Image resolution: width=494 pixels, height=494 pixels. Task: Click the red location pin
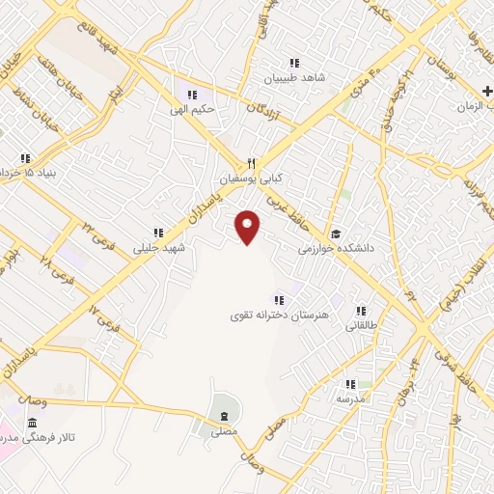pos(248,227)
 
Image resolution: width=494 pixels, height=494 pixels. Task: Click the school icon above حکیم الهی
pos(193,96)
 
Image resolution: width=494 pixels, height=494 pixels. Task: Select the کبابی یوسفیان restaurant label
pos(227,179)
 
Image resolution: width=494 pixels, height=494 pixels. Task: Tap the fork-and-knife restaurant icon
pos(250,163)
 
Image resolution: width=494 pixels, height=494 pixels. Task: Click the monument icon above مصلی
pos(224,415)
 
